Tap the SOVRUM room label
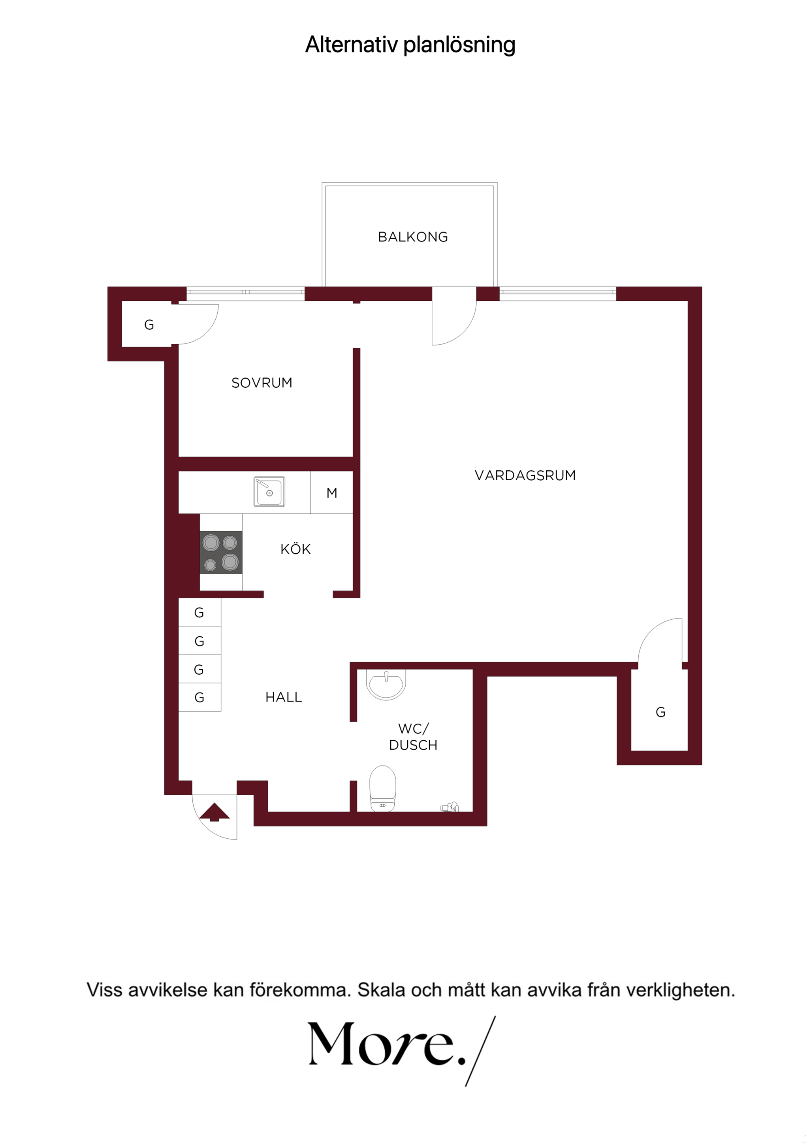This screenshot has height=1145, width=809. (262, 383)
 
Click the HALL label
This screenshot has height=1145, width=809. (284, 697)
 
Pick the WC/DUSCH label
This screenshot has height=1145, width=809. (413, 737)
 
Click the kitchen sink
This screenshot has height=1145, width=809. (269, 491)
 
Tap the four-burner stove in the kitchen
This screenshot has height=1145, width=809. (221, 552)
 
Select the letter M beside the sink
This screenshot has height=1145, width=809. (331, 493)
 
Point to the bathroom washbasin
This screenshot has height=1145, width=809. (386, 684)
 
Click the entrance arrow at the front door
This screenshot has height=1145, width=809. (214, 811)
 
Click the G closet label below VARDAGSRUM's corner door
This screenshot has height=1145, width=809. (660, 712)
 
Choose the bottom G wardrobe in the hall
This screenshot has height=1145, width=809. (199, 697)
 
